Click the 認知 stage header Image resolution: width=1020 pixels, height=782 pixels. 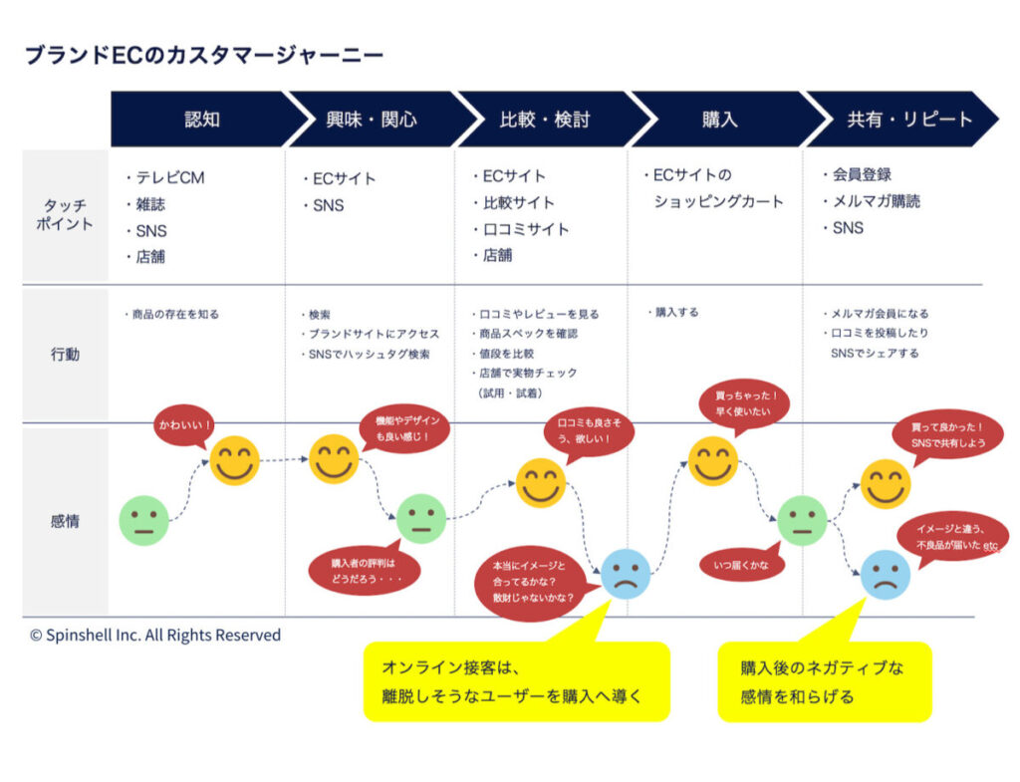pyautogui.click(x=202, y=120)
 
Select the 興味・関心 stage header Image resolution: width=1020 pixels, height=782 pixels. pyautogui.click(x=372, y=120)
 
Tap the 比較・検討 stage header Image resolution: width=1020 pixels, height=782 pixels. pyautogui.click(x=544, y=120)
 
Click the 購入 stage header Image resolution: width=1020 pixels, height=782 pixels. pyautogui.click(x=719, y=120)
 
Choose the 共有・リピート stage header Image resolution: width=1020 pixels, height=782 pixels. pyautogui.click(x=908, y=120)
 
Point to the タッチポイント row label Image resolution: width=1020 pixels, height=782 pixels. pyautogui.click(x=66, y=215)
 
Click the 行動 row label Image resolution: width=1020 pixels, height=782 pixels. pyautogui.click(x=66, y=354)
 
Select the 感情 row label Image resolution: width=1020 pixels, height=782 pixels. pyautogui.click(x=66, y=520)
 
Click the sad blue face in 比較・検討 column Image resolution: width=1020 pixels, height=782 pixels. pyautogui.click(x=626, y=574)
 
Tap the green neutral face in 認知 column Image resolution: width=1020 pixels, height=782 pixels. pyautogui.click(x=144, y=521)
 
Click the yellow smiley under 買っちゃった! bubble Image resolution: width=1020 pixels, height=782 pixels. pyautogui.click(x=713, y=461)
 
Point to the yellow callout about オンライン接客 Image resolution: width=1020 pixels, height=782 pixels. pyautogui.click(x=516, y=681)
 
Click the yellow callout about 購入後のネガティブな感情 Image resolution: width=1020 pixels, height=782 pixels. pyautogui.click(x=824, y=681)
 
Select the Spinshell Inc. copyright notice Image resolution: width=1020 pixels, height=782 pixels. pyautogui.click(x=155, y=636)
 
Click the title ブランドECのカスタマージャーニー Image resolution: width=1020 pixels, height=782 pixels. pyautogui.click(x=203, y=56)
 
